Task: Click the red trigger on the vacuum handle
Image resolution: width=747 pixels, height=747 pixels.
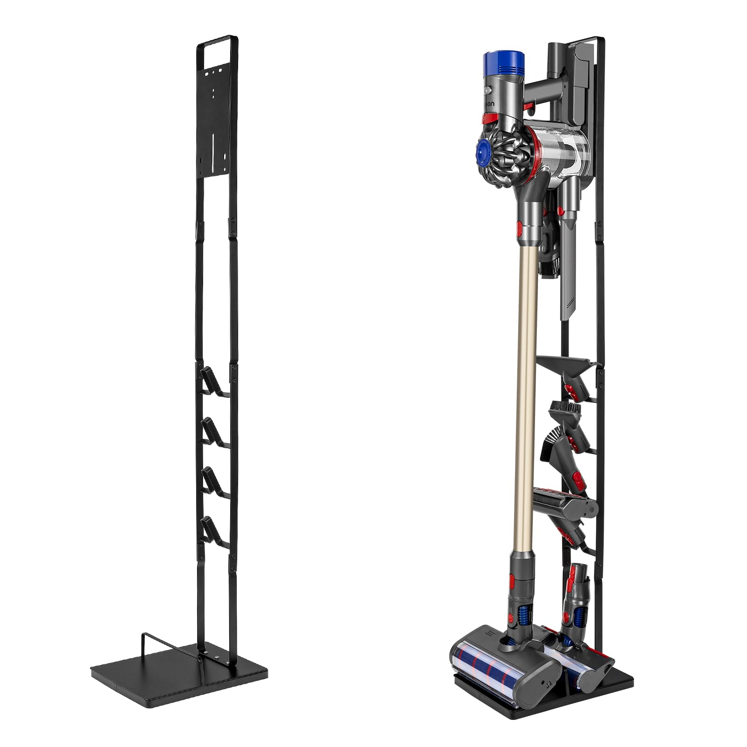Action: [529, 108]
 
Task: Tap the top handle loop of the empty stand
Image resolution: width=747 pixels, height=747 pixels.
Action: [218, 41]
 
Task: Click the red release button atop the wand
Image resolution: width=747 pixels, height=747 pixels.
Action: [520, 228]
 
